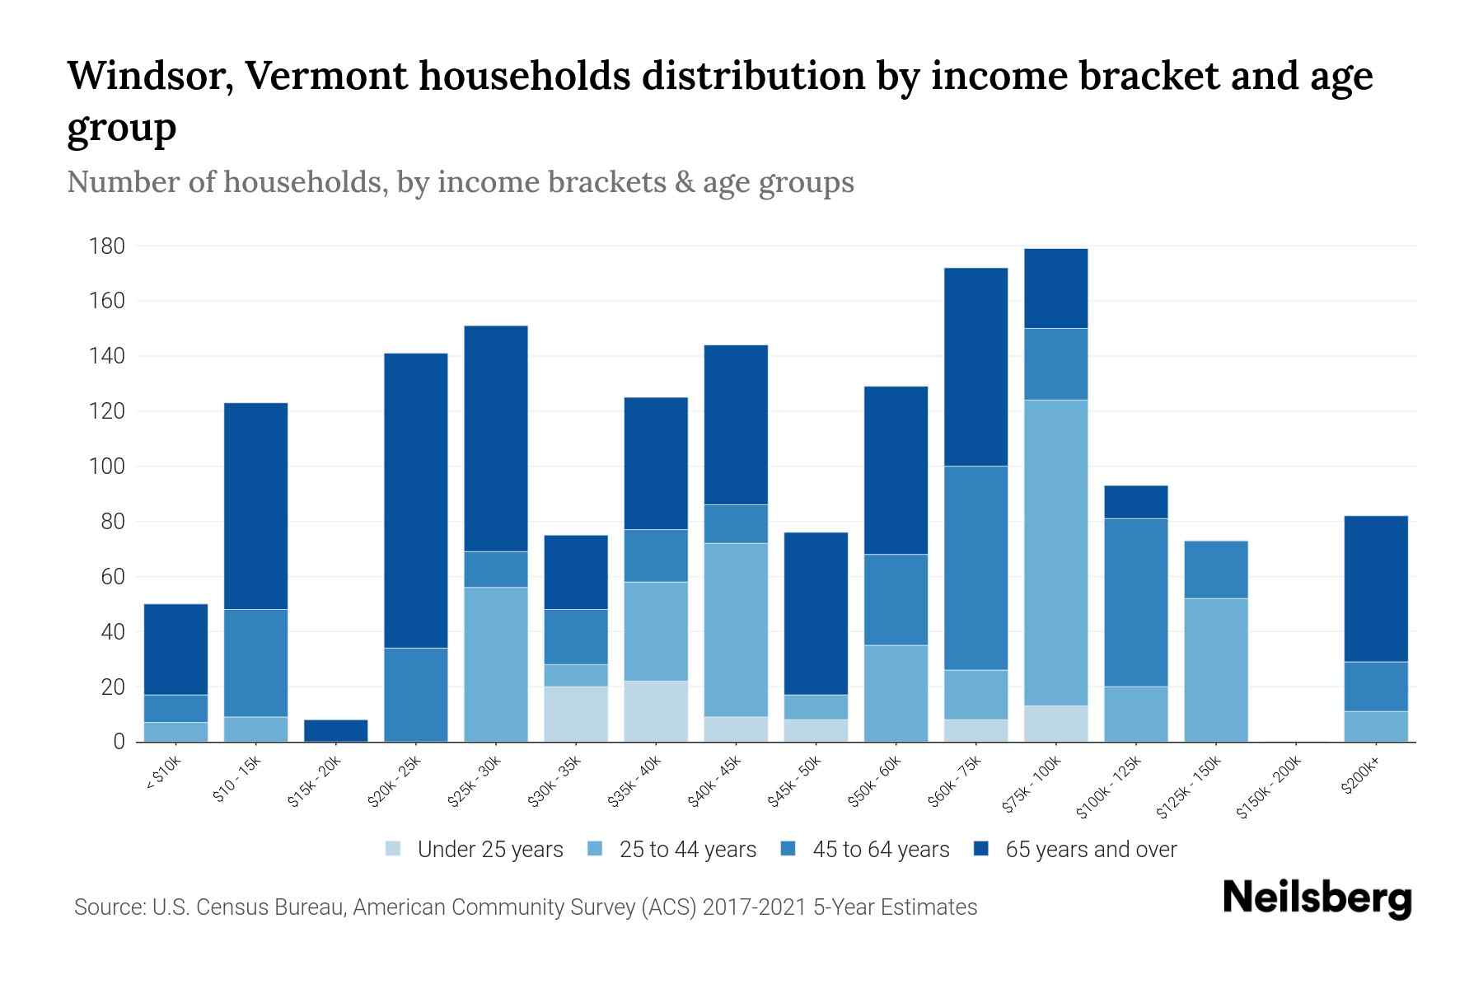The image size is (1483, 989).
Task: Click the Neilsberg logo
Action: [1317, 898]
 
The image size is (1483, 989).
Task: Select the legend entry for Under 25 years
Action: [489, 849]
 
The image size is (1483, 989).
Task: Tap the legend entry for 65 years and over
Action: [1090, 849]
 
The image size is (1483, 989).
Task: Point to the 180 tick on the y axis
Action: [107, 246]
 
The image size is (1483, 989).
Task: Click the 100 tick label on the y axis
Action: [107, 466]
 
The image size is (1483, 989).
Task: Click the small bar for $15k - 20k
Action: [336, 730]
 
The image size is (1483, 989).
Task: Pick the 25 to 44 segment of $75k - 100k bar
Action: [1056, 552]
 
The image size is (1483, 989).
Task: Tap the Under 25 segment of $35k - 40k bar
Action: [656, 711]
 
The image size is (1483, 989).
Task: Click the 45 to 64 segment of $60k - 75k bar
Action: [976, 568]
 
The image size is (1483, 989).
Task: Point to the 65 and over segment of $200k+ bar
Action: [1376, 588]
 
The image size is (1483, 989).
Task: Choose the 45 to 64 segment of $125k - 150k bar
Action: [1216, 569]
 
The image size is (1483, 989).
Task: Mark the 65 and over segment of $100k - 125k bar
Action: [1136, 502]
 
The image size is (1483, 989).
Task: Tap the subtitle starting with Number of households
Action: [460, 181]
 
